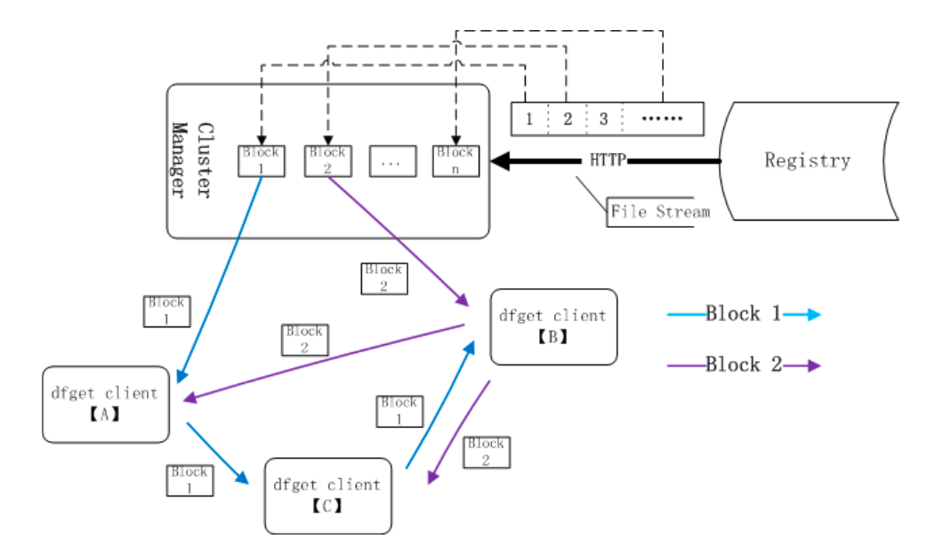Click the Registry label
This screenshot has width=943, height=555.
pos(807,161)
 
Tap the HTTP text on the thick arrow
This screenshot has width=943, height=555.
pos(607,161)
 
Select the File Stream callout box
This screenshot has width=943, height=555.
pos(659,212)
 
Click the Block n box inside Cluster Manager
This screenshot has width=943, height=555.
pos(455,161)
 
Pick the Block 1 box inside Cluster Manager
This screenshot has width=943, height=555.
pos(262,161)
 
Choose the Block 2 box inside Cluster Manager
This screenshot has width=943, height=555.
pos(327,161)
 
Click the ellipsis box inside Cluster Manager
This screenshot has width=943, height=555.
pos(392,162)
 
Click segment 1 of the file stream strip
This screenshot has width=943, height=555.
pos(528,118)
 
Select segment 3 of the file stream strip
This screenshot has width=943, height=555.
pos(603,118)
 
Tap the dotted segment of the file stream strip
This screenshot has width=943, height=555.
pos(662,118)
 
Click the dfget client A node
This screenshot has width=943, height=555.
pos(105,404)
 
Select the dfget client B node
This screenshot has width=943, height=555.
pos(553,326)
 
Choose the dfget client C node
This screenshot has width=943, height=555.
pos(327,495)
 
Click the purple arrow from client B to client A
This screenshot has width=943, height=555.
pos(325,364)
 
